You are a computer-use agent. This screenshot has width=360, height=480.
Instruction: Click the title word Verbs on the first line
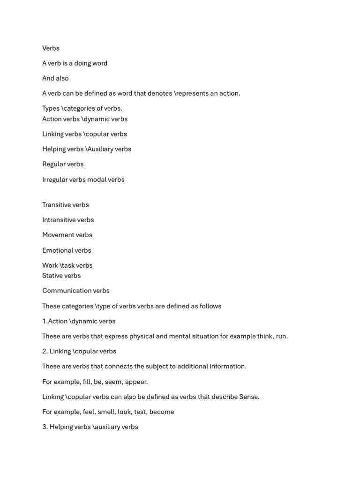[51, 48]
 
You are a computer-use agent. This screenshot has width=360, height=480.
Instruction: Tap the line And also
[55, 78]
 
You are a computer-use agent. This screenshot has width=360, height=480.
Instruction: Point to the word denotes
[158, 93]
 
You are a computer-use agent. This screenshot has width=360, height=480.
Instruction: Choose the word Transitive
[56, 205]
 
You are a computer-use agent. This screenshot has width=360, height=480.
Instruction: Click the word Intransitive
[59, 220]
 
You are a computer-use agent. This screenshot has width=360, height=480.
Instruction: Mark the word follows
[210, 306]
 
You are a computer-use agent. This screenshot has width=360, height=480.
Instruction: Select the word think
[261, 336]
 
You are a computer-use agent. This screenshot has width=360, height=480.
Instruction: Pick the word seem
[112, 382]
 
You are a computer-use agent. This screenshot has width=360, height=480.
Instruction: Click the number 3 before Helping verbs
[44, 427]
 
